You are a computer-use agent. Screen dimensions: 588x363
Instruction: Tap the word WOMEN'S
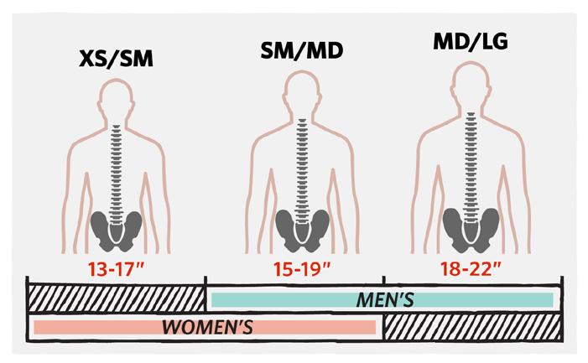point(207,325)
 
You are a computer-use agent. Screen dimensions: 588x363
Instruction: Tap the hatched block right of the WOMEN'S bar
point(471,324)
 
